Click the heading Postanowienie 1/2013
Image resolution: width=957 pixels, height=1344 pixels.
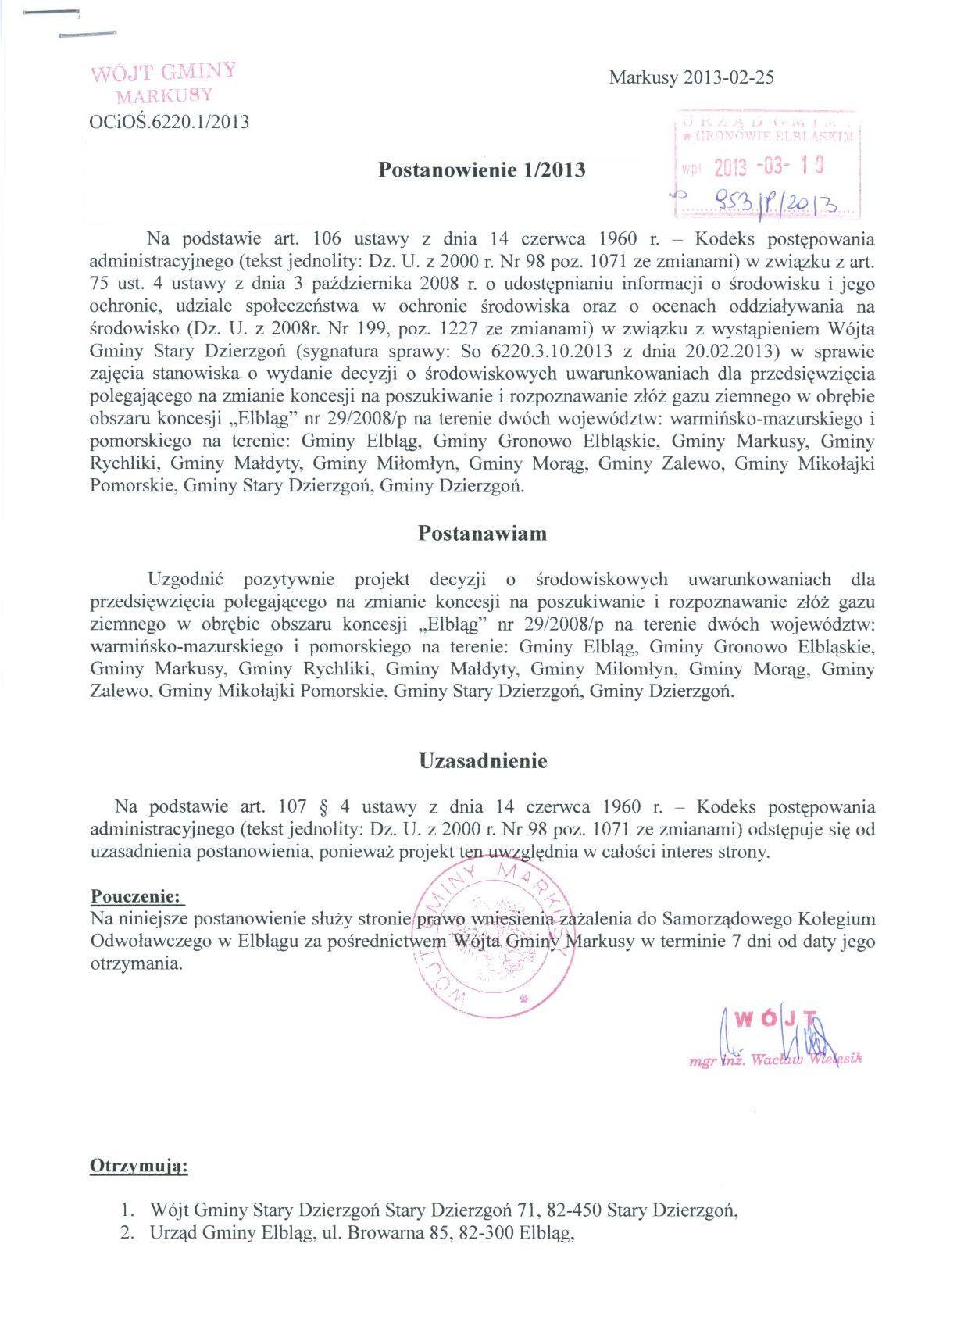481,170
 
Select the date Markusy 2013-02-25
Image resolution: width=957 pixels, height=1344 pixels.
691,77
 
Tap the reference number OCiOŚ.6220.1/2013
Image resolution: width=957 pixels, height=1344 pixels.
170,121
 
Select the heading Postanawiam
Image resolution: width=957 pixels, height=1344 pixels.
482,534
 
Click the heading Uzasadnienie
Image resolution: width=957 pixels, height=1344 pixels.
483,761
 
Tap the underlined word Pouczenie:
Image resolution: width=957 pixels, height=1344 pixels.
137,895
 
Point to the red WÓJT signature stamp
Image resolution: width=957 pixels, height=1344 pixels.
778,1019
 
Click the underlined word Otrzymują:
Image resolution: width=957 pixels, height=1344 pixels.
139,1167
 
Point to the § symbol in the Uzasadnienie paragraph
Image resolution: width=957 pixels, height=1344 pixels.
323,807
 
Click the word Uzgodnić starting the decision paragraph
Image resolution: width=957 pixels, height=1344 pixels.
186,580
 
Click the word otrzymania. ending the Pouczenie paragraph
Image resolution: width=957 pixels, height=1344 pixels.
137,963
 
